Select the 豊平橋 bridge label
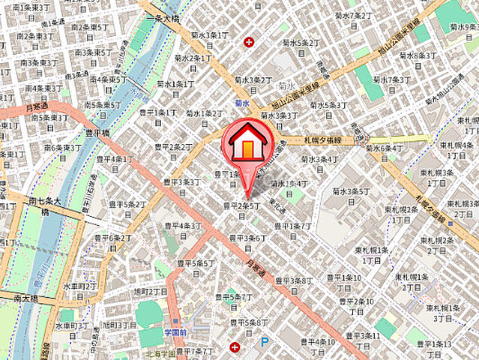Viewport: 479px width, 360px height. click(95, 133)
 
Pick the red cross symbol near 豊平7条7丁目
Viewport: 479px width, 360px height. click(235, 347)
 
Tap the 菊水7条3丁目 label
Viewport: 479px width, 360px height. click(391, 79)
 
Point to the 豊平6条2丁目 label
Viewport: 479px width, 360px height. click(110, 238)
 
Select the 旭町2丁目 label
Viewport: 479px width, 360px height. click(149, 291)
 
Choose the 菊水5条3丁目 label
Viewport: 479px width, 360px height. click(328, 105)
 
